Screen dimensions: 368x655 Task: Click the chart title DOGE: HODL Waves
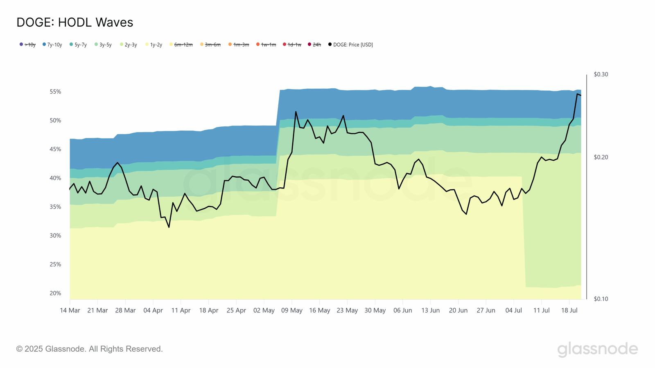pos(75,22)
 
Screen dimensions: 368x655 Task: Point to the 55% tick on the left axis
pos(55,92)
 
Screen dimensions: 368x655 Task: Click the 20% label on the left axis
pos(55,293)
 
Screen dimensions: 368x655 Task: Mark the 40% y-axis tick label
pos(55,178)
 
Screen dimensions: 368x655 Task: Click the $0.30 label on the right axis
pos(601,74)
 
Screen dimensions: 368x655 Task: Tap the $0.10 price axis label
pos(601,299)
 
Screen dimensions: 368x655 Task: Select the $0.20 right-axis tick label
pos(601,157)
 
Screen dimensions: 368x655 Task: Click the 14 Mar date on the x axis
pos(70,310)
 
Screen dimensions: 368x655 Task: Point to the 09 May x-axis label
pos(291,310)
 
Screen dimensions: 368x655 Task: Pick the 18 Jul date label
pos(569,310)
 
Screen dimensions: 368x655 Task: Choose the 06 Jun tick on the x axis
pos(402,310)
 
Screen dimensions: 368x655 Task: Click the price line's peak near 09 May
pos(296,112)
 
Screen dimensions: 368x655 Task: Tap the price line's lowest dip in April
pos(169,227)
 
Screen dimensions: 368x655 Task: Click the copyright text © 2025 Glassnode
pos(89,349)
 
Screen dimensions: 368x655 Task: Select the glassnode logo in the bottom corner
pos(597,349)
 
